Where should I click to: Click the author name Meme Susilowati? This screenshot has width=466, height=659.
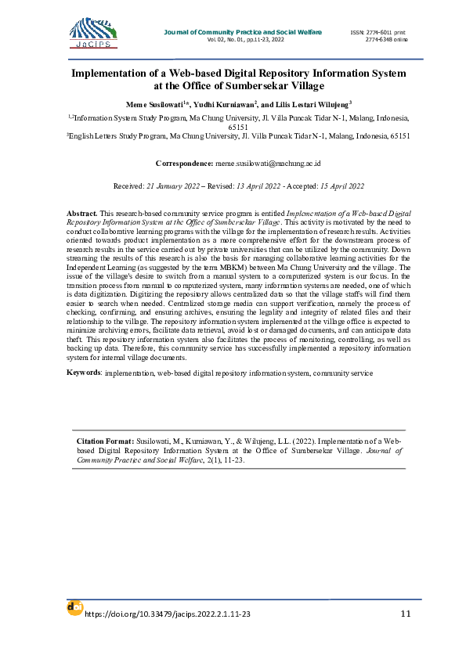pos(157,104)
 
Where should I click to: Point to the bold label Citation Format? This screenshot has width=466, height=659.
pos(106,442)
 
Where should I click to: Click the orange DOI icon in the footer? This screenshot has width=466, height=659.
pos(74,607)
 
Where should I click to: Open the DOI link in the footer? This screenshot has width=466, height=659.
pos(168,614)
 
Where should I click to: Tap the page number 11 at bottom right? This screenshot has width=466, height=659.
pos(405,614)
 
